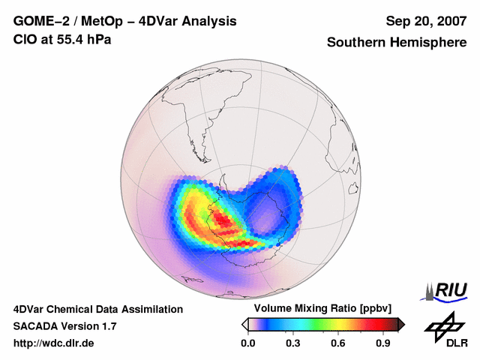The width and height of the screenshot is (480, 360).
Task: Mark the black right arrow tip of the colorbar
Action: [401, 324]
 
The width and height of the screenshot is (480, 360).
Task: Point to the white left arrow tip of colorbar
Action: [244, 324]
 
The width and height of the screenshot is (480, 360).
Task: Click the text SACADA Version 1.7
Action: [64, 326]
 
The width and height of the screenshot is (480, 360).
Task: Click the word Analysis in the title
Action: [205, 21]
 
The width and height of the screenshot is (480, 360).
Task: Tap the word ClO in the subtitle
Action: [24, 39]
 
